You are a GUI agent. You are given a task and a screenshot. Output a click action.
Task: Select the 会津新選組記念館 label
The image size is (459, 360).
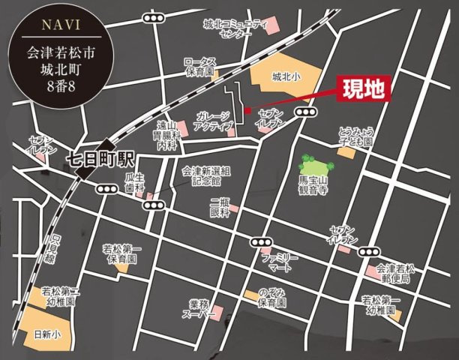point(205,175)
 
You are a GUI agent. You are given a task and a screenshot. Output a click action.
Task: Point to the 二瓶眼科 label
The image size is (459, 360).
point(219,208)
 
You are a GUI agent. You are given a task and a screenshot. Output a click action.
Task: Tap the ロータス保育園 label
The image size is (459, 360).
point(200,67)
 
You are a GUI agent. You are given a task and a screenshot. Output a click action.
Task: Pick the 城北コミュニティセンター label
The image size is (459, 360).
point(235,29)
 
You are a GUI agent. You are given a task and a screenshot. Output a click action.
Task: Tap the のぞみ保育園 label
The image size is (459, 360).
point(271,298)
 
